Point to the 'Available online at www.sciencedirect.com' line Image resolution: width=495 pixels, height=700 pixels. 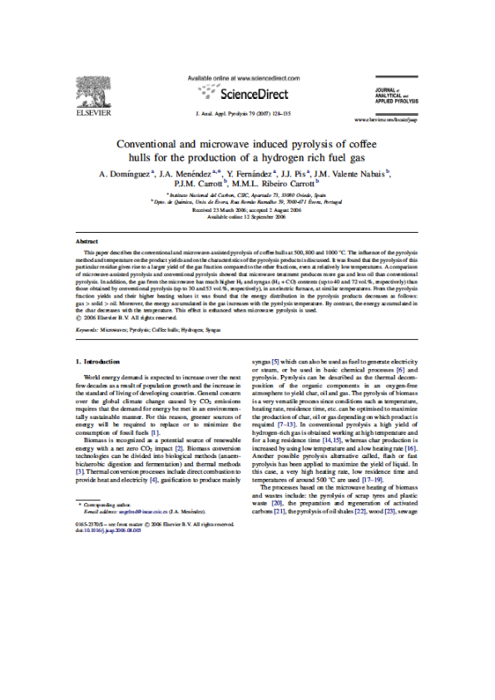pos(242,77)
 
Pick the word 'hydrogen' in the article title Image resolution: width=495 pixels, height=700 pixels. pos(303,156)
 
